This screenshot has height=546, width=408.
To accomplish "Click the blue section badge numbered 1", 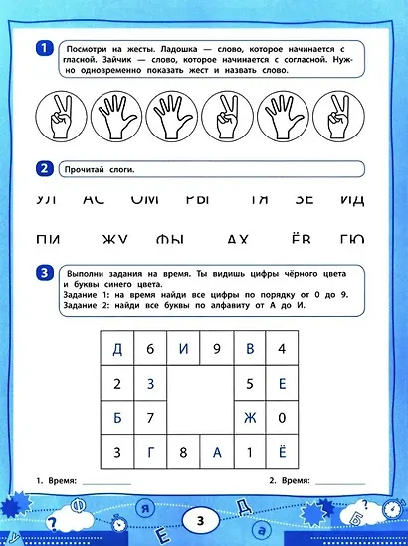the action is click(x=43, y=48).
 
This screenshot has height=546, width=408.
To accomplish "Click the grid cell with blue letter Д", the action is click(x=117, y=349).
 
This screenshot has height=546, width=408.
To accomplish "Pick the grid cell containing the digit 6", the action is click(x=150, y=349).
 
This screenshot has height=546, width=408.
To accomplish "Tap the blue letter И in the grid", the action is click(x=184, y=349).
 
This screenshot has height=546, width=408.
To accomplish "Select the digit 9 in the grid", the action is click(x=217, y=349).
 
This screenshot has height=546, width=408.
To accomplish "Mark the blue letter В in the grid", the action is click(x=250, y=349).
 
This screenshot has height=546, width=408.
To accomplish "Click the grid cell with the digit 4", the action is click(x=283, y=349).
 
